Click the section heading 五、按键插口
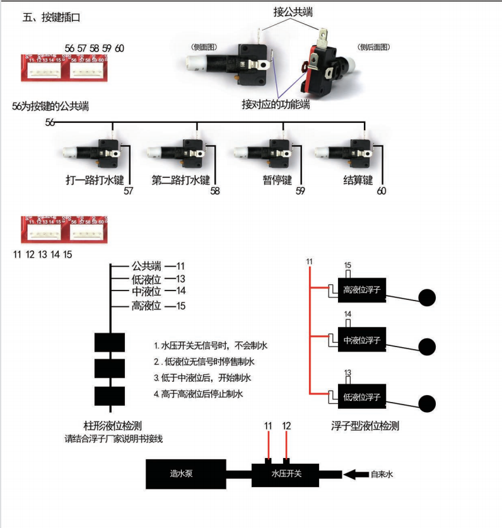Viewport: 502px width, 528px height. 52,18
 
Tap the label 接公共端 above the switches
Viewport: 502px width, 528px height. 295,11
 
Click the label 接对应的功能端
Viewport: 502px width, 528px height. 276,105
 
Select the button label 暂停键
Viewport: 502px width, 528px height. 277,180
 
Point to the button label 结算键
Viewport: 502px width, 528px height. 358,180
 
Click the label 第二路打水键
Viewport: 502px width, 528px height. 180,180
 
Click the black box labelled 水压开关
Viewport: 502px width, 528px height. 286,473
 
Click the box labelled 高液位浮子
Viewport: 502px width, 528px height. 363,290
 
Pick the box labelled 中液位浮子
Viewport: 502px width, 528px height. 363,340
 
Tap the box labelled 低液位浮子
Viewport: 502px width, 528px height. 363,397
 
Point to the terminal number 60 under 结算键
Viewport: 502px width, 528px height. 381,191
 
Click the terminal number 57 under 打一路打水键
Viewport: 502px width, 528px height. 129,191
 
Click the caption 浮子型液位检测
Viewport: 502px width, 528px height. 365,426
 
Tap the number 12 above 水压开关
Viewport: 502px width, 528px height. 286,427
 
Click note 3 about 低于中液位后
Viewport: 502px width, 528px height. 202,378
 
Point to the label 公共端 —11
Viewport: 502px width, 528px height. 157,266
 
